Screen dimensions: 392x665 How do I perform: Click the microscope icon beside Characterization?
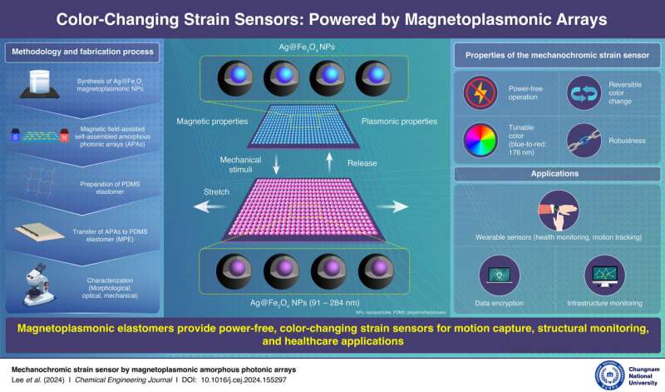(x=32, y=282)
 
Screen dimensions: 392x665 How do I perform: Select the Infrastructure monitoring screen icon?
(x=606, y=274)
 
